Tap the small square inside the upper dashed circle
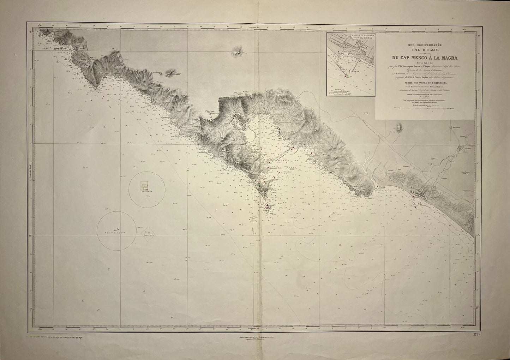point(144,184)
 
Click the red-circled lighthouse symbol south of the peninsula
point(268,207)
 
